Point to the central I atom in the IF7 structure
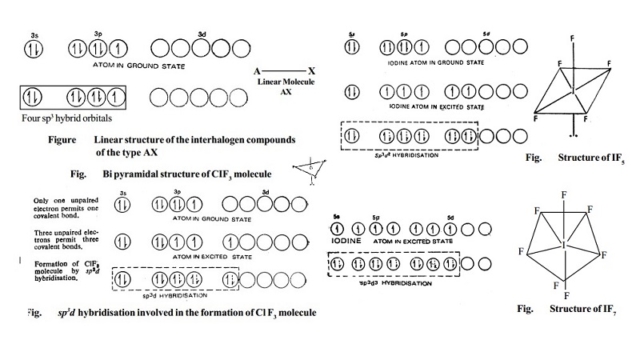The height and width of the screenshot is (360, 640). point(566,241)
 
